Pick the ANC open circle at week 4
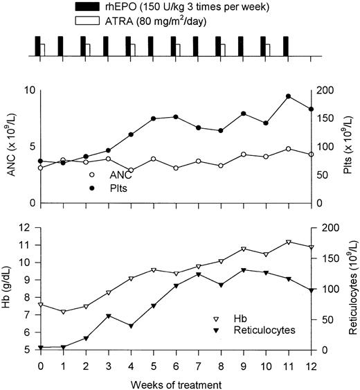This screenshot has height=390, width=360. (x=130, y=170)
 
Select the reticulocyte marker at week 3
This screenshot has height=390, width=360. (x=108, y=317)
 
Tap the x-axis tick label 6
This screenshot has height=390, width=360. (x=176, y=365)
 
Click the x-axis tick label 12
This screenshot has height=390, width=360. (x=311, y=365)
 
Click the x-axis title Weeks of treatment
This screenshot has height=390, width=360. (x=175, y=383)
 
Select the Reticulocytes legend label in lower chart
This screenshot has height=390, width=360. (x=264, y=330)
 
